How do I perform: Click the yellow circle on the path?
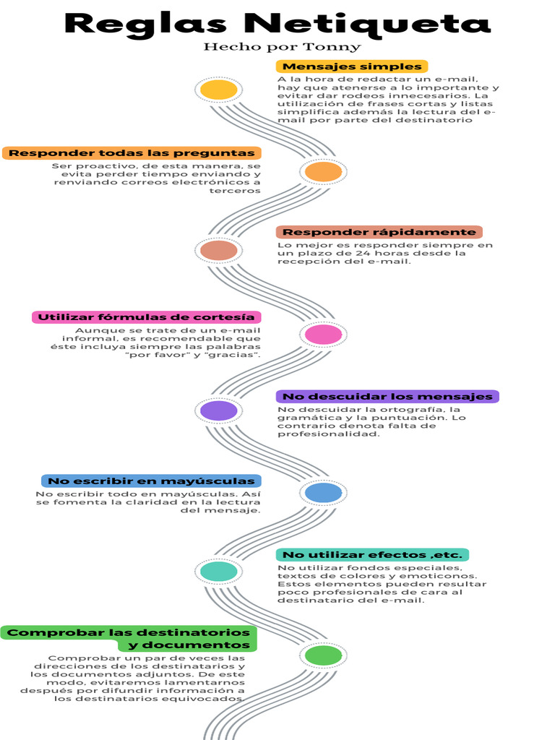[x=218, y=90]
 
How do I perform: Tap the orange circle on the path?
[x=323, y=172]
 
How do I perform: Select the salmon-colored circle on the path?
[x=218, y=250]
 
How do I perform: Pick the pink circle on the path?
[x=323, y=335]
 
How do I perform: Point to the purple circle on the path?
[x=218, y=410]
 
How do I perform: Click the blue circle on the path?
[x=323, y=493]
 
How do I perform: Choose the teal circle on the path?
[x=218, y=572]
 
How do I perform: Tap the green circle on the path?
[x=323, y=655]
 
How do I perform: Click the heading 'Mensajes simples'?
[x=352, y=66]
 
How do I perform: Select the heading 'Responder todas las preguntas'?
[x=132, y=153]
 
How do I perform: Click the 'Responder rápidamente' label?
[x=379, y=232]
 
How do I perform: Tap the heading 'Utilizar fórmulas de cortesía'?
[x=146, y=317]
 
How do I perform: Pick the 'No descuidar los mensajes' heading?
[x=387, y=397]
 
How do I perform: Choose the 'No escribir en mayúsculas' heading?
[x=151, y=481]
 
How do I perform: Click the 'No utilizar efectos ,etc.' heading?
[x=372, y=555]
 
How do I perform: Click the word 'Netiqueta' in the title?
[x=367, y=25]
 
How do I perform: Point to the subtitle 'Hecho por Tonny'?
[x=283, y=47]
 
